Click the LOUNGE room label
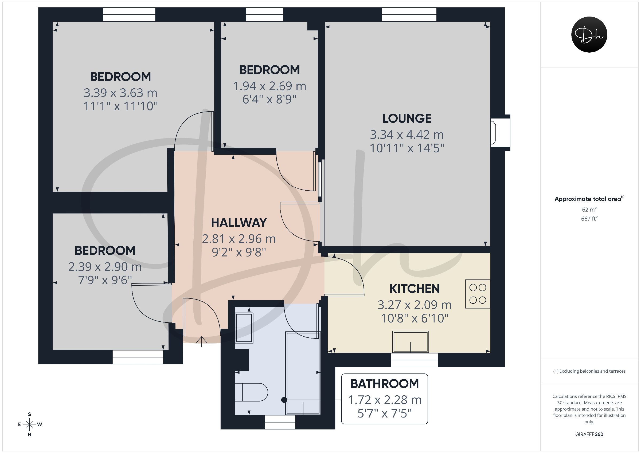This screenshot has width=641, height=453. (x=407, y=119)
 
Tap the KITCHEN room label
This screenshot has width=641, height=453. (x=415, y=289)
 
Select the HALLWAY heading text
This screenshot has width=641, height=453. (x=239, y=223)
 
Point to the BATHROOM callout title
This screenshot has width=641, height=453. (x=385, y=384)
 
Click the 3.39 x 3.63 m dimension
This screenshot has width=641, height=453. (x=121, y=93)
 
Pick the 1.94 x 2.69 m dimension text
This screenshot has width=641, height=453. (x=269, y=86)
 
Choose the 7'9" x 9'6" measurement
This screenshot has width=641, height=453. (x=105, y=280)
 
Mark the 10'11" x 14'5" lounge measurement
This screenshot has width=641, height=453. (x=407, y=148)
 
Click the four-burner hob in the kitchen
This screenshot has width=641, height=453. (x=478, y=294)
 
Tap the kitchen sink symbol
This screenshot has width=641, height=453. (x=411, y=342)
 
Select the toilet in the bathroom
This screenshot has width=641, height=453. (x=251, y=392)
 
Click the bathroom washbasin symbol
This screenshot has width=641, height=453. (x=245, y=328)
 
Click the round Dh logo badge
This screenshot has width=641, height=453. (x=589, y=34)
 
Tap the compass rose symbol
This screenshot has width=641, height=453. (x=30, y=424)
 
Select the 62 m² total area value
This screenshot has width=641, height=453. (x=589, y=209)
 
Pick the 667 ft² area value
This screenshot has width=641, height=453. (x=589, y=219)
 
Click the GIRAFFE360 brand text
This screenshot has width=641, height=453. (x=589, y=434)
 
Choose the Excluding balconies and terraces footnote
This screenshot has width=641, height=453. (x=589, y=371)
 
